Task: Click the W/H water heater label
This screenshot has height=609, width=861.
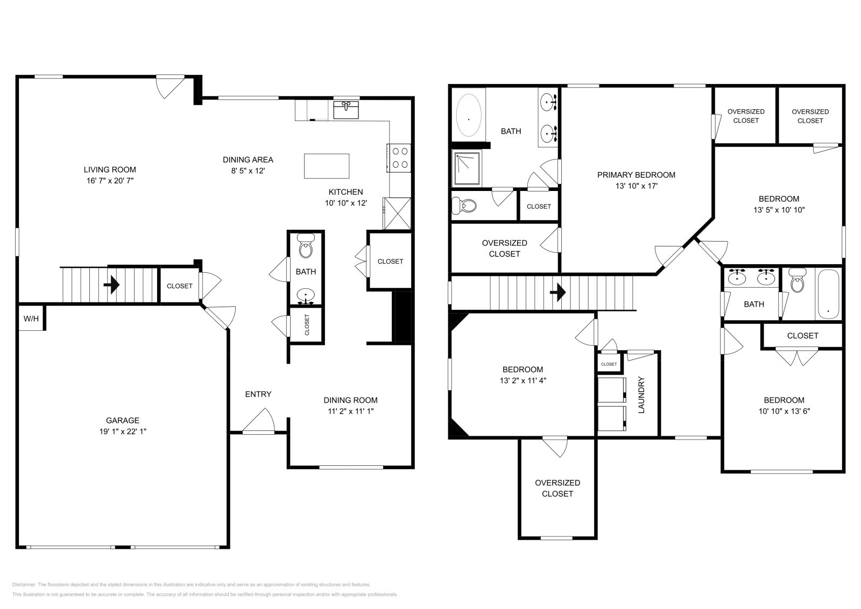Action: (x=31, y=319)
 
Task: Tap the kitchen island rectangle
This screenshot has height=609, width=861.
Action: (x=326, y=166)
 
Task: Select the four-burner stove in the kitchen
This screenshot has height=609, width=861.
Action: (x=399, y=158)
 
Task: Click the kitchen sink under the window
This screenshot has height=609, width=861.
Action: (x=346, y=110)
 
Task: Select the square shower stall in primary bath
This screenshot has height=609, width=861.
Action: (x=467, y=168)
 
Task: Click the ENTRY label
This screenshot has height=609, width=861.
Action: (x=258, y=394)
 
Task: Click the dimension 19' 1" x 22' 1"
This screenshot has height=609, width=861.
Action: (x=122, y=431)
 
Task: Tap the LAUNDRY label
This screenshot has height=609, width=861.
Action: (x=641, y=395)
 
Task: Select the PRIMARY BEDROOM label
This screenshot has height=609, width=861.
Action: (x=636, y=175)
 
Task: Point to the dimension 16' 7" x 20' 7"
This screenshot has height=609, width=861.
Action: (x=110, y=181)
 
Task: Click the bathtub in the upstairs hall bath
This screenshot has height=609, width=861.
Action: (x=828, y=294)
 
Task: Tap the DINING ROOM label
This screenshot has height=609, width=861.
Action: (x=350, y=400)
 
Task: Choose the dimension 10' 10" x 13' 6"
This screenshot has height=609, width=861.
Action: (x=784, y=412)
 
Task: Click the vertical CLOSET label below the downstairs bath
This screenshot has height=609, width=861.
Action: (x=307, y=325)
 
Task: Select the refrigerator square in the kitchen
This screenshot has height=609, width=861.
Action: (x=397, y=213)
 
